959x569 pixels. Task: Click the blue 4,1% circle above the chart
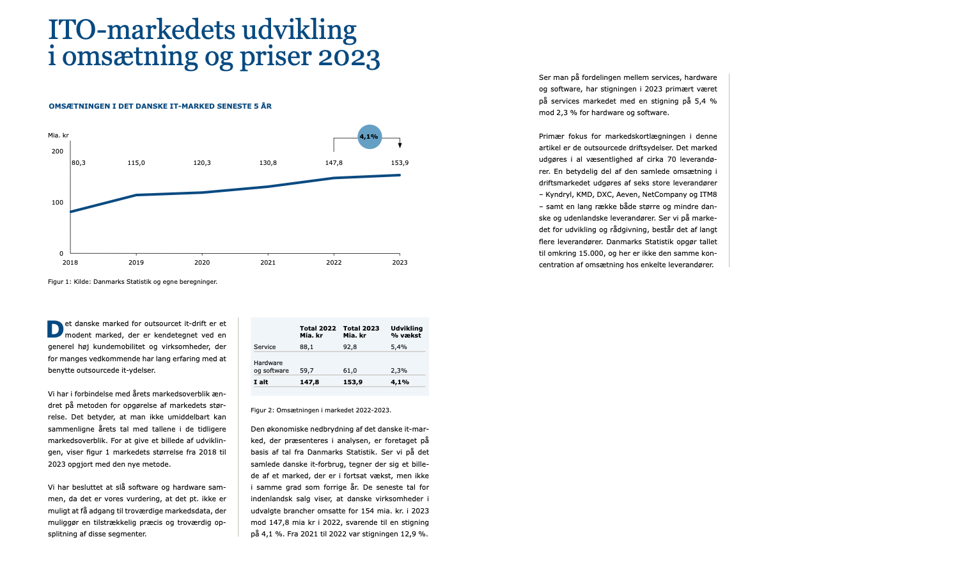369,137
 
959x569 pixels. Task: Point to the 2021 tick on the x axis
268,262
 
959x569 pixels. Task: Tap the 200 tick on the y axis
58,152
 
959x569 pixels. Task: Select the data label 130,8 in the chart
268,163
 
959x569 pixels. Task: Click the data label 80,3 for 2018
79,163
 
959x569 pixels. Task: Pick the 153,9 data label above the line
400,163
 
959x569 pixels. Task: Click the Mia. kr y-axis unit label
58,136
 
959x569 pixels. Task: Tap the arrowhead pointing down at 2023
400,146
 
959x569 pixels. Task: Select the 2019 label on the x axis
136,262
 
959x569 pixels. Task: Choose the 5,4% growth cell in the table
399,347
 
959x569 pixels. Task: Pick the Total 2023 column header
361,331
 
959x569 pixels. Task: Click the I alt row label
261,382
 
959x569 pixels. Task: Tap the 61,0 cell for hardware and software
350,371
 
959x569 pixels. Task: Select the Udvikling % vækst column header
407,331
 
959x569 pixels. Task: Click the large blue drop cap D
56,329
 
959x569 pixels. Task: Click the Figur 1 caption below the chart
132,282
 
